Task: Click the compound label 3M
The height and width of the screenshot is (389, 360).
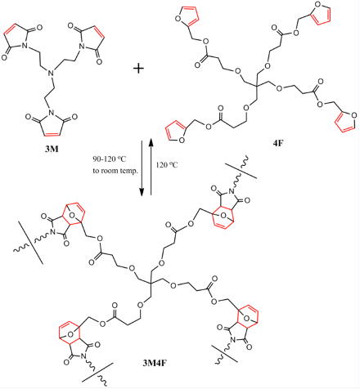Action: tap(52, 150)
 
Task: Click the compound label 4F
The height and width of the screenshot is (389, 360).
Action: tap(278, 143)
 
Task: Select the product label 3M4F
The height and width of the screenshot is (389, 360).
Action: tap(154, 363)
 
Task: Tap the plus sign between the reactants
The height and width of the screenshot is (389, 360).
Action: tap(138, 69)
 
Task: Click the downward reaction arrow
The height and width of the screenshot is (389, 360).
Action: tap(142, 168)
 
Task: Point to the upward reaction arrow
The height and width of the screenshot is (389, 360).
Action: tap(151, 167)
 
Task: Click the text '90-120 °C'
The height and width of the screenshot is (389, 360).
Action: tap(110, 159)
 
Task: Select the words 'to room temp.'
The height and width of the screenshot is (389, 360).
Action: tap(115, 171)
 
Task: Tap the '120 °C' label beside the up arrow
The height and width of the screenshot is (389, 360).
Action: tap(167, 165)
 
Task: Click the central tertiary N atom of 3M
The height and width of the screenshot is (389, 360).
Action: tap(51, 73)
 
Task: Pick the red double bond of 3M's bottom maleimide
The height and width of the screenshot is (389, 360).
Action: tap(52, 134)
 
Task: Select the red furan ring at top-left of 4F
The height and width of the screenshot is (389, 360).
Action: tap(187, 16)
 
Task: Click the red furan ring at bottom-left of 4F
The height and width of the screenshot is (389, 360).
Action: tap(176, 132)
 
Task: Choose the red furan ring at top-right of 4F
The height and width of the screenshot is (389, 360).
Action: tap(322, 12)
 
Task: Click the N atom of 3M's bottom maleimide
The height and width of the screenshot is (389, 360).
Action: tap(52, 112)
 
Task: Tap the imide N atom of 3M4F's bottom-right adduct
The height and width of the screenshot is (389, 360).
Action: tap(232, 339)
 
